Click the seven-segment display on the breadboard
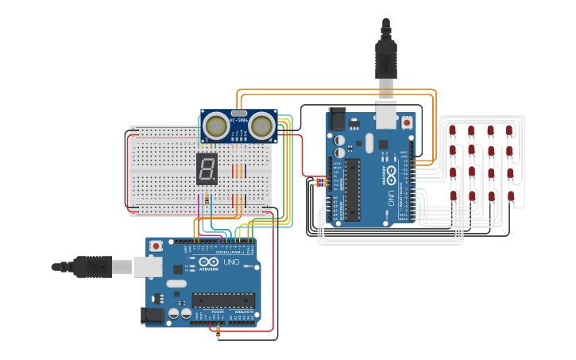coord(207,168)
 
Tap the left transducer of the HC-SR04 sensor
coord(215,125)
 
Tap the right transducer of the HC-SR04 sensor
coord(261,126)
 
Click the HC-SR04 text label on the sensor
coord(238,120)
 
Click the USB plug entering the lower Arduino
coord(95,267)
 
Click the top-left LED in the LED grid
coord(452,130)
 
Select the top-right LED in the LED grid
coord(509,130)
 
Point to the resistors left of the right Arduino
coord(320,182)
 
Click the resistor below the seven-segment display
coord(207,199)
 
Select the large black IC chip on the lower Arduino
coord(223,300)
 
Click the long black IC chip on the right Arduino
coord(350,189)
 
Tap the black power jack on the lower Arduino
coord(154,315)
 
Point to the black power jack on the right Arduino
coord(338,119)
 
